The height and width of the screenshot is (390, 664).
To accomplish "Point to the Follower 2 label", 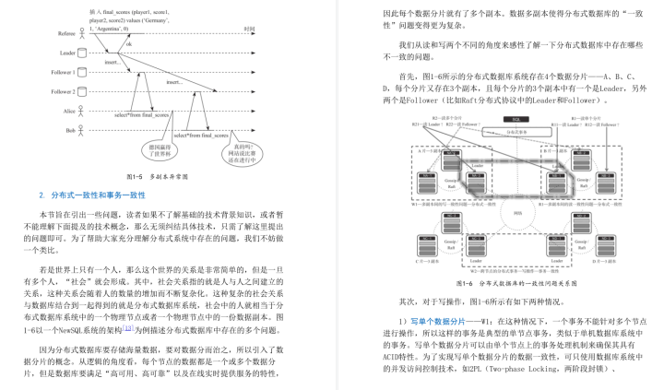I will pyautogui.click(x=62, y=92).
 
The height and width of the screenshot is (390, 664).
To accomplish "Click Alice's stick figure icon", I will pyautogui.click(x=81, y=111).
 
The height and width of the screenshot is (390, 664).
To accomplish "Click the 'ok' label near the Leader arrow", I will pyautogui.click(x=130, y=43).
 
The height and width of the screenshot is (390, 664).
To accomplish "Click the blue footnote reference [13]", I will pyautogui.click(x=130, y=326).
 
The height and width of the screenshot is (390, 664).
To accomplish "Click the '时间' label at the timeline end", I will pyautogui.click(x=249, y=30).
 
